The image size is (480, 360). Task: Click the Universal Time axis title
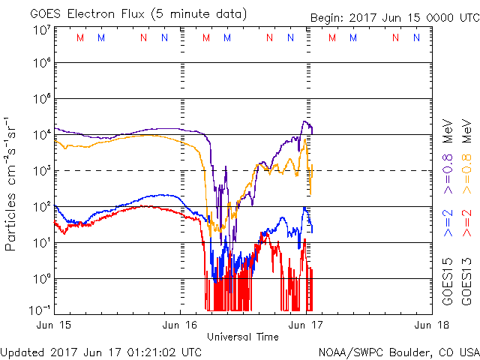click(x=242, y=336)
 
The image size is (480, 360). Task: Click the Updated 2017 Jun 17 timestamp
click(x=101, y=351)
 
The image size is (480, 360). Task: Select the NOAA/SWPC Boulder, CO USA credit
click(x=397, y=351)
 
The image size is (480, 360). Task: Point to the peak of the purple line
click(x=304, y=121)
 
